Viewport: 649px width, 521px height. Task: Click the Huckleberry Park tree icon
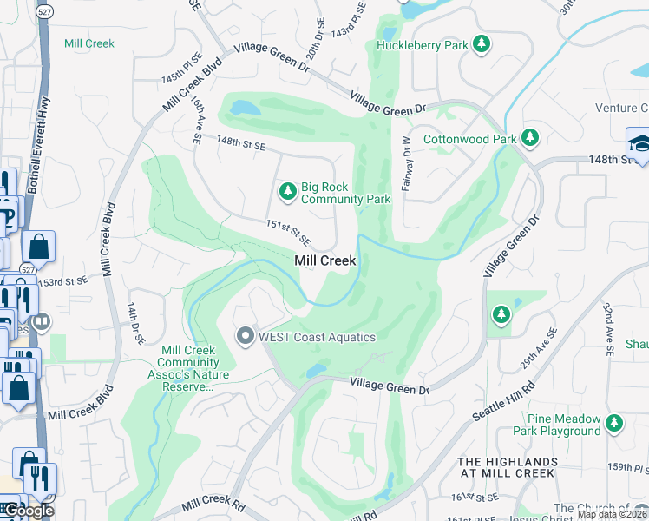click(480, 44)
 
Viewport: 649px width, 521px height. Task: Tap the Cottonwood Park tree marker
click(529, 138)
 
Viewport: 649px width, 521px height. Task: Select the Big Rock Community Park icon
click(287, 190)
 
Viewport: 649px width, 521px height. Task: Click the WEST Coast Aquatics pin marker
click(246, 336)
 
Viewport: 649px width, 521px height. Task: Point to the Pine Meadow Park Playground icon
click(614, 423)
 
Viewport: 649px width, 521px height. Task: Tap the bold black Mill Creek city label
click(325, 260)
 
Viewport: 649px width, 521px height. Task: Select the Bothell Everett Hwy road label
click(39, 129)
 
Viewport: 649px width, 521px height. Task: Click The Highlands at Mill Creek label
click(506, 467)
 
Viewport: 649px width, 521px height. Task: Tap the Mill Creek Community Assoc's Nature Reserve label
click(195, 368)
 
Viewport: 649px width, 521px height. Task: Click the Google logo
click(29, 511)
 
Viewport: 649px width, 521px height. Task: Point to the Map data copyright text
click(612, 514)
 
